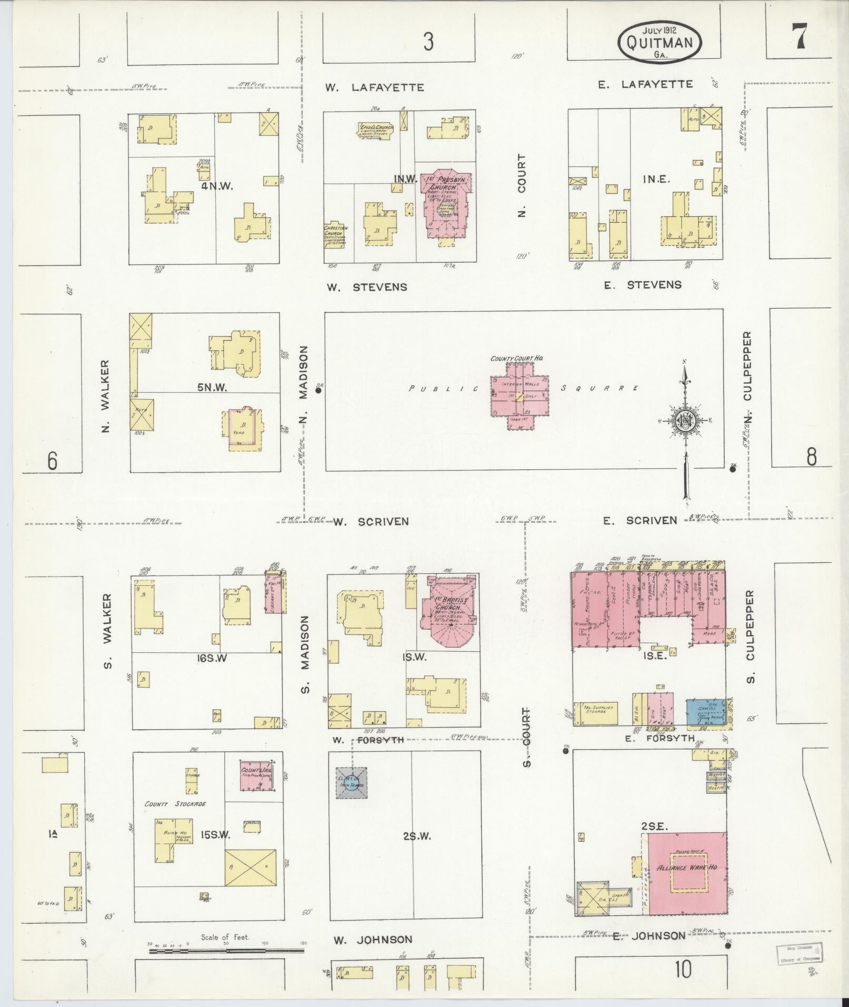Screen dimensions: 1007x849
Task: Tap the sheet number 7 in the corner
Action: [x=799, y=37]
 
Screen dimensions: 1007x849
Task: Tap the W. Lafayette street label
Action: [x=374, y=87]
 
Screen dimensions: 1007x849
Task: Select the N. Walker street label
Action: [x=106, y=396]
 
